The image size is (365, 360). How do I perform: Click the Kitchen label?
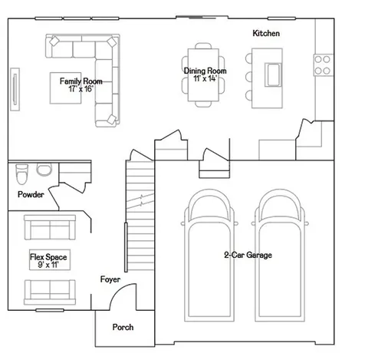point(266,33)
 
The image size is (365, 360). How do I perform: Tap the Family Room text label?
point(81,81)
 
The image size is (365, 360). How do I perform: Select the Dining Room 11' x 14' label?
point(205,74)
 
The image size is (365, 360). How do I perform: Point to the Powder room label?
point(31,194)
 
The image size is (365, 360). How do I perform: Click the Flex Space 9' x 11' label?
point(48,261)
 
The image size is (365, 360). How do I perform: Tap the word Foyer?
point(110,279)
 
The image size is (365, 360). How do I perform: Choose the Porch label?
point(123,327)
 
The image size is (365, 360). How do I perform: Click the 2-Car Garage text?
point(248,255)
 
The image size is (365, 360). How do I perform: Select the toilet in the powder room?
point(21,174)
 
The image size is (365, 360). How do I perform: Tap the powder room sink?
point(44,170)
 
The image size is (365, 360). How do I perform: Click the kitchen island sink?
point(273,74)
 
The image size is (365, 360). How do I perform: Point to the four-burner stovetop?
point(324,65)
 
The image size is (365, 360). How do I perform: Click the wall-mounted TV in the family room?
point(15,89)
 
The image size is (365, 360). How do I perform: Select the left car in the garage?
point(209,256)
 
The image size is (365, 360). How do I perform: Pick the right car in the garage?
point(280,256)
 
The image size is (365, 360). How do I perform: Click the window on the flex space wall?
point(50,310)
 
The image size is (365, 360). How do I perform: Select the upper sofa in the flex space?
point(50,227)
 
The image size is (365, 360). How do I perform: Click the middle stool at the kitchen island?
point(248,77)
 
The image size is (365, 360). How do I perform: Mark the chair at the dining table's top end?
point(203,46)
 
